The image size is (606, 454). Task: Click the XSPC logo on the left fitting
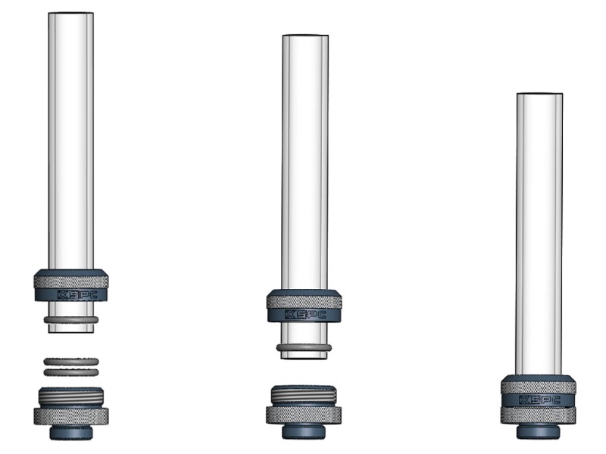[x=77, y=295]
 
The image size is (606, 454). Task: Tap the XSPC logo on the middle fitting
[x=305, y=315]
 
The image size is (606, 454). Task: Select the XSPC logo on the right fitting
[x=540, y=400]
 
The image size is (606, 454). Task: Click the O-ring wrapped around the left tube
[x=71, y=319]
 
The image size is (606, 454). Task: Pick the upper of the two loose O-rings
[x=71, y=362]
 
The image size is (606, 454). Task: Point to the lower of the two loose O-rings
[x=71, y=372]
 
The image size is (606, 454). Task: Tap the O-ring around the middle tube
[x=304, y=348]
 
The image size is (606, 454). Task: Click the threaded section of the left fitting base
[x=71, y=396]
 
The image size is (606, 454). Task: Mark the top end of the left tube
[x=70, y=13]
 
